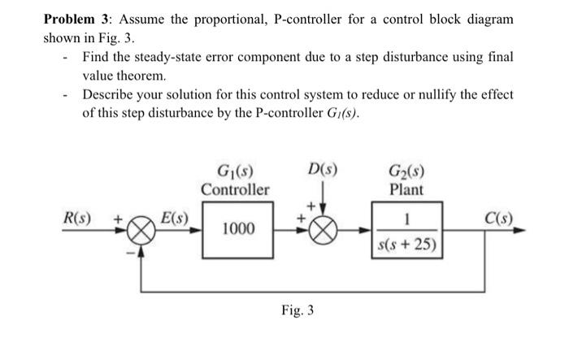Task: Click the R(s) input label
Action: (78, 219)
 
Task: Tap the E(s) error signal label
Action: (172, 218)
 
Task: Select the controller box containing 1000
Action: (236, 230)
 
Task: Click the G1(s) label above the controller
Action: (235, 172)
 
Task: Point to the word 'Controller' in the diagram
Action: (235, 190)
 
